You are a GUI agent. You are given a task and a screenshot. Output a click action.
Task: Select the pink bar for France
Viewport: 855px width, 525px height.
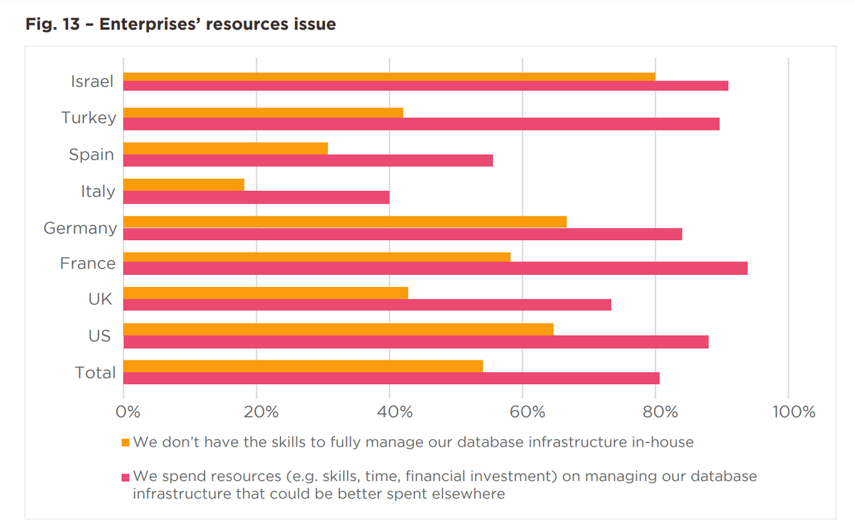tap(435, 268)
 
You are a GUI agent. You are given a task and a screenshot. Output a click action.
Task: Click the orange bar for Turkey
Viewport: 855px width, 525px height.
tap(263, 113)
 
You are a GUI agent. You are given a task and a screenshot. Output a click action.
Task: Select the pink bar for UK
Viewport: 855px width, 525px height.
tap(367, 305)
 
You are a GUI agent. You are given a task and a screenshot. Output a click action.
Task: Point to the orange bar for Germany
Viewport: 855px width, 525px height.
tap(345, 222)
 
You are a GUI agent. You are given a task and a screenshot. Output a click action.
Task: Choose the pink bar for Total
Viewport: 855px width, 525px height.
tap(391, 378)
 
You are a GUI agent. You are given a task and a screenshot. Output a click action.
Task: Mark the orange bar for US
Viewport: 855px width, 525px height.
tap(338, 329)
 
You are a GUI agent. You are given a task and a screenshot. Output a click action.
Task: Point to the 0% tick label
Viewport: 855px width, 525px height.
tap(128, 412)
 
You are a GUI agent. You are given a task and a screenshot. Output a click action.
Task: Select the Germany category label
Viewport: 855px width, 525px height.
tap(80, 228)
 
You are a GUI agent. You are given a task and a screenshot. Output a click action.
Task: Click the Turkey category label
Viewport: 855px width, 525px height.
tap(88, 118)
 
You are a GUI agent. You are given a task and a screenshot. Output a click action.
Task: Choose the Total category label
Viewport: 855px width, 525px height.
tap(95, 373)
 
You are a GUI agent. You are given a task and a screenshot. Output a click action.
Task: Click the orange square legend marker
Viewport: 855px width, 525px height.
tap(125, 442)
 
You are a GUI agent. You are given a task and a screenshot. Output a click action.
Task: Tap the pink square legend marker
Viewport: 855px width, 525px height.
tap(125, 477)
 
